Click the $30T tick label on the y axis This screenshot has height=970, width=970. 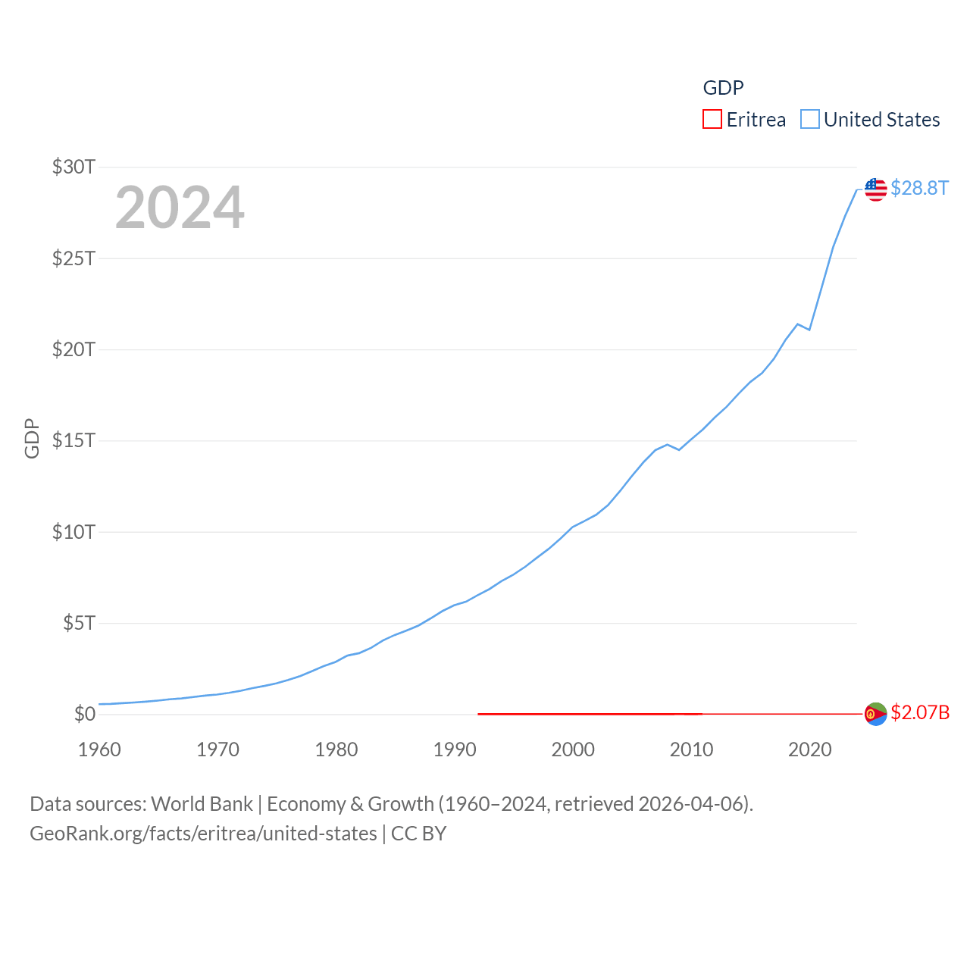tap(74, 167)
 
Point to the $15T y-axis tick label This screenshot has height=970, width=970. tap(74, 440)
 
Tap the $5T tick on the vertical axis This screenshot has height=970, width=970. tap(79, 623)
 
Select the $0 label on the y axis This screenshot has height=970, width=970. tap(85, 714)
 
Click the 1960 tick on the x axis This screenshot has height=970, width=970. tap(99, 749)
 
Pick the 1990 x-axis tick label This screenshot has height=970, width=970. tap(455, 749)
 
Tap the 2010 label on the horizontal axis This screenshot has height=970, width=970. tap(691, 749)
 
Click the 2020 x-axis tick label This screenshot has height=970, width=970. tap(810, 749)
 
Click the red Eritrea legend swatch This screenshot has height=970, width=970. tap(712, 120)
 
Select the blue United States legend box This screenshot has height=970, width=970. tap(810, 120)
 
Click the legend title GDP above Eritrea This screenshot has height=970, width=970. tap(723, 88)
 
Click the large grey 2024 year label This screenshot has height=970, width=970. tap(180, 208)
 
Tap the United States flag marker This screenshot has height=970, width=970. tap(875, 189)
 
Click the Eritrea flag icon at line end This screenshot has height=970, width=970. tap(875, 714)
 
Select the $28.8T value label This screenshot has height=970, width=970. tap(919, 188)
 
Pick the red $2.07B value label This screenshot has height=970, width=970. tap(920, 713)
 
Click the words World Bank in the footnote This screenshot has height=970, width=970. tap(202, 803)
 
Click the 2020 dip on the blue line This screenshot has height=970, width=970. tap(809, 330)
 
